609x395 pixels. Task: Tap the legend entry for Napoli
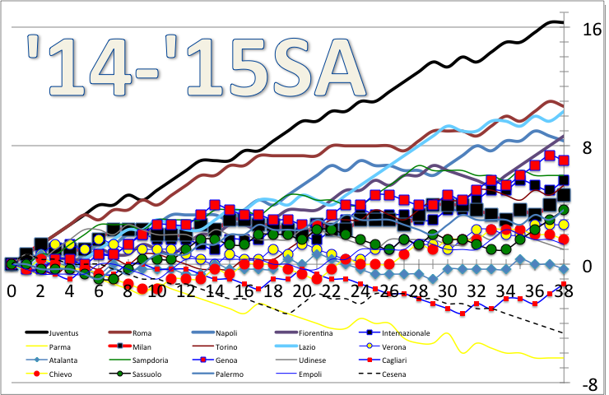(x=233, y=332)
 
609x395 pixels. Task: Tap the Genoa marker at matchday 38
(x=564, y=160)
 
